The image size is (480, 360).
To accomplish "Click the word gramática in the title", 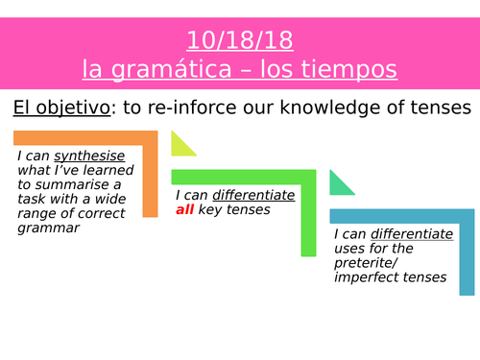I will (173, 70).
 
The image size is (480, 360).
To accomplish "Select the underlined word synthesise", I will (84, 157).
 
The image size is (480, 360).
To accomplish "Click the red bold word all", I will (188, 209).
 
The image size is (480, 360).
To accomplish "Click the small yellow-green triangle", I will (181, 146).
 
